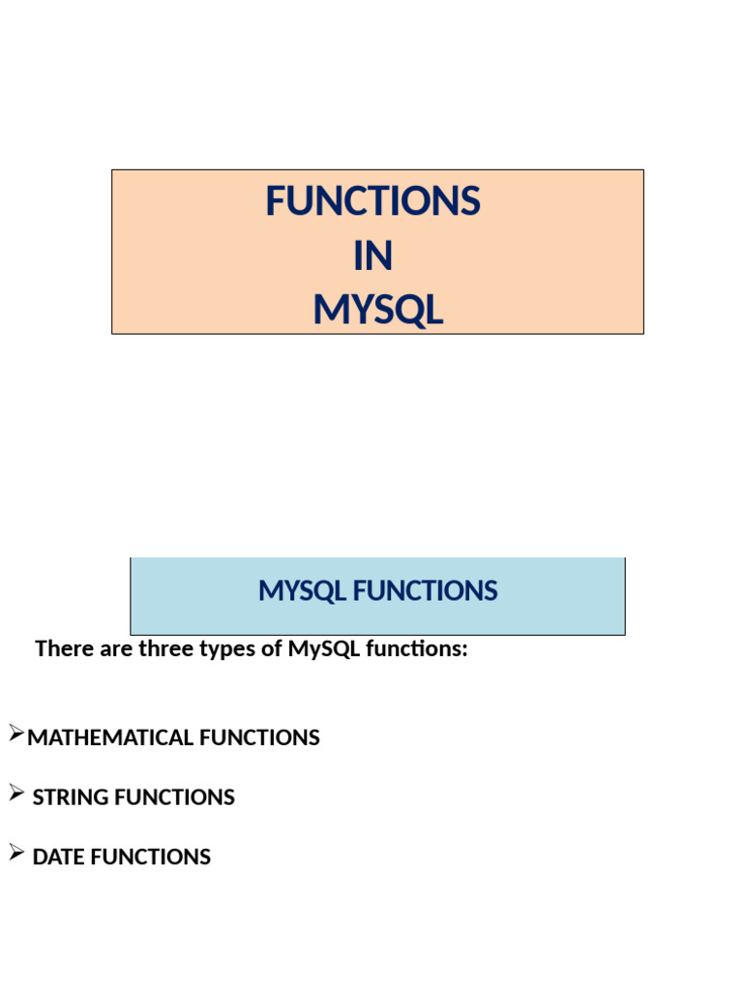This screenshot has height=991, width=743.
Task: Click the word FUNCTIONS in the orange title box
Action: click(372, 202)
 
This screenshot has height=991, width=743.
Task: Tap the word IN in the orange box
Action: click(372, 256)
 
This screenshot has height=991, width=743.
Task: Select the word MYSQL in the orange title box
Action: click(377, 311)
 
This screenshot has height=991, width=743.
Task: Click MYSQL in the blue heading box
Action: click(302, 591)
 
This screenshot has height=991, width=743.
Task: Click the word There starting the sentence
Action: click(64, 649)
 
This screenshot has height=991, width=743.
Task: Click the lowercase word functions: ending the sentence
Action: click(417, 649)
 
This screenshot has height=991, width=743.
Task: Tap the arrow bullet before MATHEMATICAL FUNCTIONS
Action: click(15, 735)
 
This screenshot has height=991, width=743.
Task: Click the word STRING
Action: click(70, 798)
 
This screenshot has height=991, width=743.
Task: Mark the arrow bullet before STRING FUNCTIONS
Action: click(15, 795)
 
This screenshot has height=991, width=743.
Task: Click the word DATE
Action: click(59, 857)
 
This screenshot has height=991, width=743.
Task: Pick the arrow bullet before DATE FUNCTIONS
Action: click(15, 854)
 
